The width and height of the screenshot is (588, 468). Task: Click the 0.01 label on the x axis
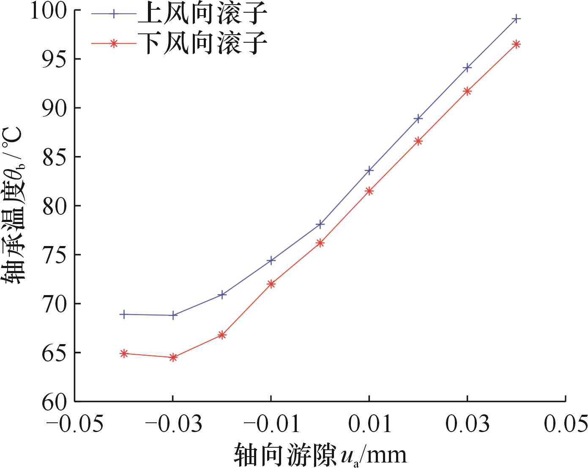(369, 424)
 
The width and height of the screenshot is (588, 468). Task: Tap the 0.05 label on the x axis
(566, 424)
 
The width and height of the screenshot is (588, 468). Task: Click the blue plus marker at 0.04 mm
(516, 19)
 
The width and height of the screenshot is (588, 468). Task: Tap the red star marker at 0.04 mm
(516, 44)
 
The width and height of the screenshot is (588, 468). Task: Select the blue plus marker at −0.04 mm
(123, 314)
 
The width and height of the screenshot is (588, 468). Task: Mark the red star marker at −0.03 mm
(172, 357)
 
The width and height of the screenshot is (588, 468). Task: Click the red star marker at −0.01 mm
(271, 284)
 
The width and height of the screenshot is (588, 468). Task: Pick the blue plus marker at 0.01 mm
(369, 170)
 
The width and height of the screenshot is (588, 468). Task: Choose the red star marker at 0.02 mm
(418, 141)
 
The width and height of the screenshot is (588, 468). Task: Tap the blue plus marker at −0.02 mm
(222, 294)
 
